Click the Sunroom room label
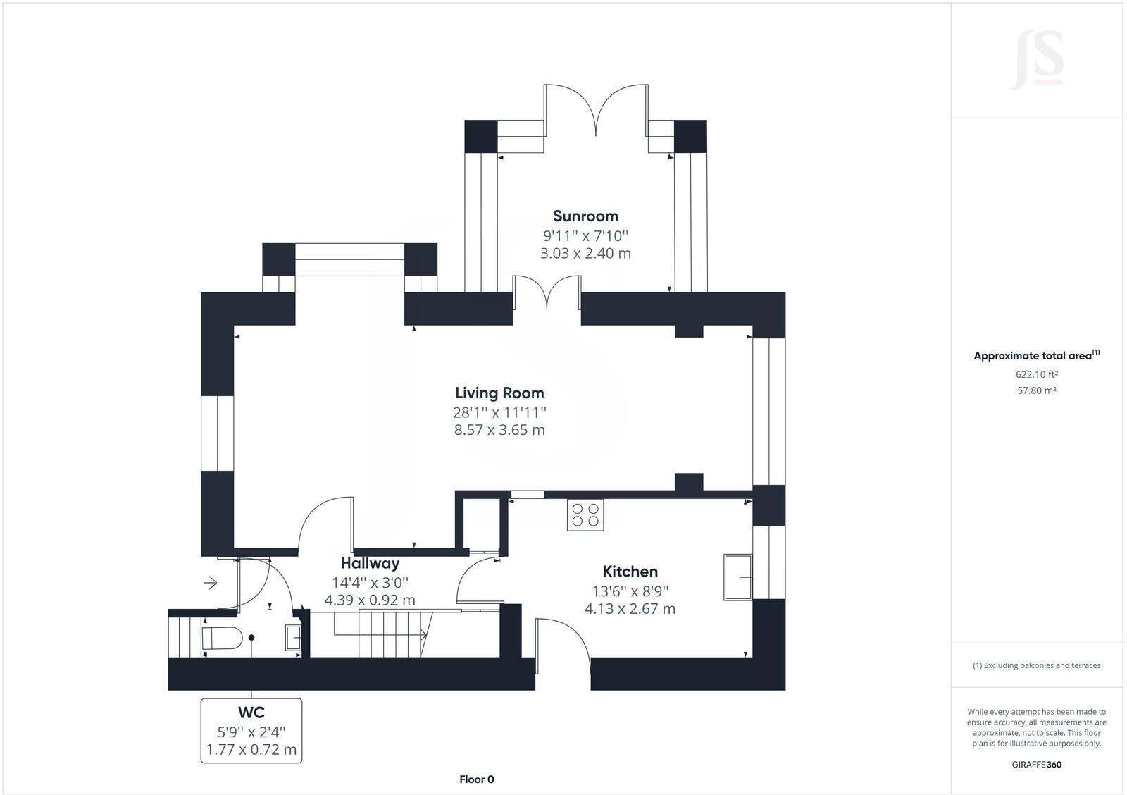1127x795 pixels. [585, 216]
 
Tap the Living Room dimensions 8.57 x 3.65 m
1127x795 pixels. [499, 430]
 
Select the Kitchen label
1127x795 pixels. [630, 572]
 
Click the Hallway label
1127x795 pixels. [370, 563]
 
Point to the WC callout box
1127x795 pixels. [251, 731]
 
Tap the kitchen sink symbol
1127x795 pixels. [737, 577]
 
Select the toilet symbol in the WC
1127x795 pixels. [221, 639]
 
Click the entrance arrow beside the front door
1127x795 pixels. [210, 583]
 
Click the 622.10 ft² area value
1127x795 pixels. [1036, 375]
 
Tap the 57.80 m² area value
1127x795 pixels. [1036, 390]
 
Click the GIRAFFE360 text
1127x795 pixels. [1036, 765]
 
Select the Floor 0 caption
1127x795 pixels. [476, 779]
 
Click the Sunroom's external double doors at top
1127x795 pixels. [596, 109]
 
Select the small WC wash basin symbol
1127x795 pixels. [293, 638]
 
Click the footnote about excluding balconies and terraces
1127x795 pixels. [1036, 665]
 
